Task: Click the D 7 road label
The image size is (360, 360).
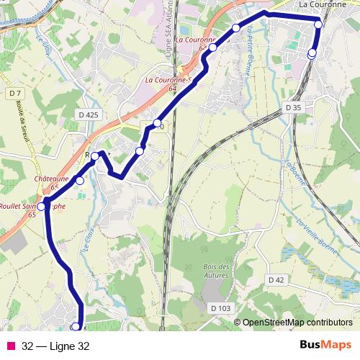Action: [x=17, y=94]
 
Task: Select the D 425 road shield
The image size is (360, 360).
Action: [x=88, y=114]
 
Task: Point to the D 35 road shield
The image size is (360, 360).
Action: [x=292, y=107]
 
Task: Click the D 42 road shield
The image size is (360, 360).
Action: [x=277, y=279]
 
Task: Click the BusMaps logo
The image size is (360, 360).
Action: [x=325, y=345]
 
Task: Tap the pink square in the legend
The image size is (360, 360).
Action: [x=11, y=346]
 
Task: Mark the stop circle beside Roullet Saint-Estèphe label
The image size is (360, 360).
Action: [x=41, y=207]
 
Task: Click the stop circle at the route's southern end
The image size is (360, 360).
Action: [x=75, y=328]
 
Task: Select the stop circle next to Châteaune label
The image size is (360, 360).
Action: [x=80, y=181]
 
